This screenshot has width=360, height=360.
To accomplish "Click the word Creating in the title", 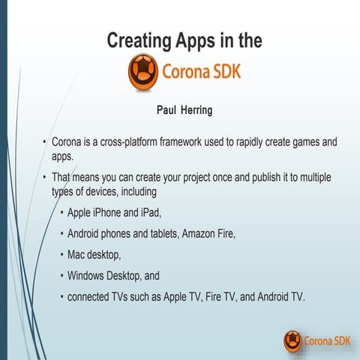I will (139, 40).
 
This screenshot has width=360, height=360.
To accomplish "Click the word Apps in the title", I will (198, 40).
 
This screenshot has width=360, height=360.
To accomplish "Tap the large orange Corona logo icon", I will (142, 73).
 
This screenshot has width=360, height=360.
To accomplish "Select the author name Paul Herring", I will (184, 110).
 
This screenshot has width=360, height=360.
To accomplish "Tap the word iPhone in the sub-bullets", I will (115, 212).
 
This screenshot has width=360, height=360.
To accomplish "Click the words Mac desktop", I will (94, 254).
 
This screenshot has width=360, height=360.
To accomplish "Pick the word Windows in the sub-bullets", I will (88, 275).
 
